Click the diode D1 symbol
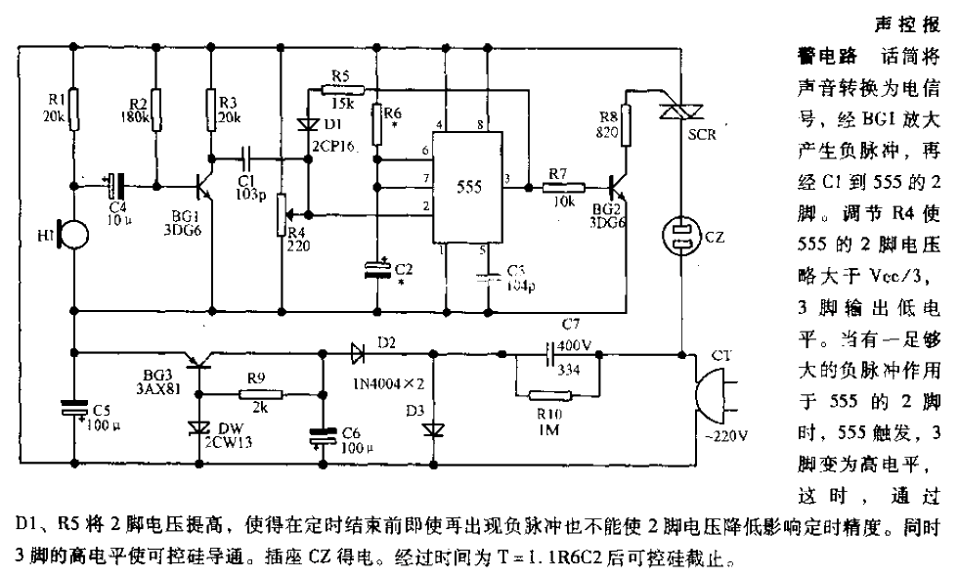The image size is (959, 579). (305, 124)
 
